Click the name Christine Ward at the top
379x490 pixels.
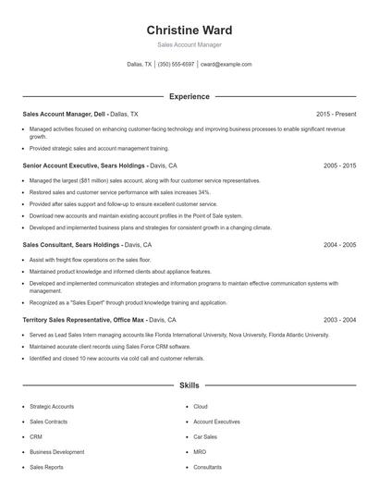(189, 30)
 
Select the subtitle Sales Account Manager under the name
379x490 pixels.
(189, 44)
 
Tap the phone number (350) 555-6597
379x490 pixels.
(176, 65)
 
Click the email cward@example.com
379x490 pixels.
(226, 65)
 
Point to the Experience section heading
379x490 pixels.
(189, 96)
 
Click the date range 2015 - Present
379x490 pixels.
(336, 113)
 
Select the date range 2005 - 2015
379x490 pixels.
(339, 165)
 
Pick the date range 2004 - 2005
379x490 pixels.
(339, 245)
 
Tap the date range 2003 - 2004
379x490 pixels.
(339, 319)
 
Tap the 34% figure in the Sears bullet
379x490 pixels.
(203, 192)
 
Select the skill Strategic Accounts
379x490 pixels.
(52, 406)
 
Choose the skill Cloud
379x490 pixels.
(201, 406)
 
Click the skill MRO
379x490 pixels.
(200, 452)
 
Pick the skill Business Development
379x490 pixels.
(56, 452)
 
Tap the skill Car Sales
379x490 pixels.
(205, 436)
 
